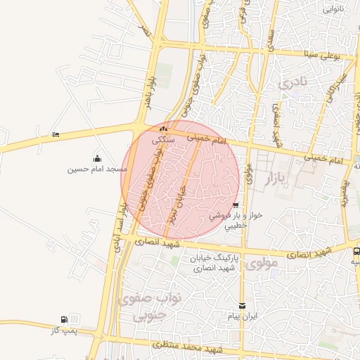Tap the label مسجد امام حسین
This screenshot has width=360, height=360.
tap(97, 169)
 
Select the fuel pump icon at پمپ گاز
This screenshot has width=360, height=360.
tap(65, 319)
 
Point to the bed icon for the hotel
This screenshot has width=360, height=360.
tap(56, 134)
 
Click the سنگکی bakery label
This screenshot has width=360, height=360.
tap(164, 140)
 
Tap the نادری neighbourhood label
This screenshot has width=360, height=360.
tap(293, 83)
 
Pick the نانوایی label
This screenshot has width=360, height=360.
tap(333, 10)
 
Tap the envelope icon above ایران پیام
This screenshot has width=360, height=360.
tap(243, 306)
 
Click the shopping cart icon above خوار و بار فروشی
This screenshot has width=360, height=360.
tap(236, 205)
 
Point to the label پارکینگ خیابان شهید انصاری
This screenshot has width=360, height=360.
tap(216, 264)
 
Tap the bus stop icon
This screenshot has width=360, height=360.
tap(356, 250)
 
